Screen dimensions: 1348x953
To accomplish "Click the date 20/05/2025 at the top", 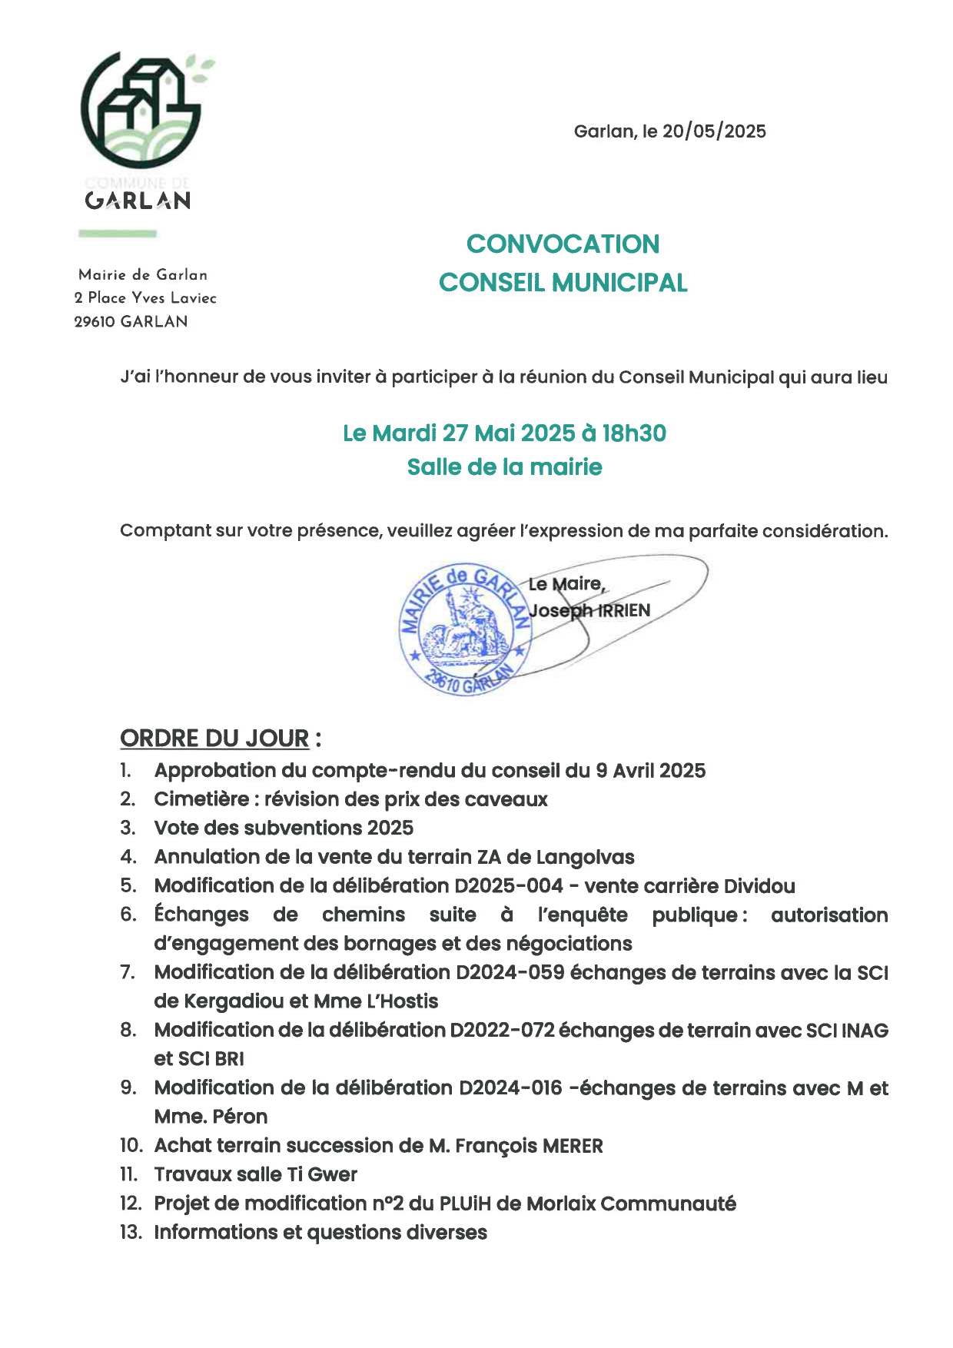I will point(714,131).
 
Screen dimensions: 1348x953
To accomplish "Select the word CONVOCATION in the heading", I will point(563,244).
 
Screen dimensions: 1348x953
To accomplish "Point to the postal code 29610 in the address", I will point(95,322).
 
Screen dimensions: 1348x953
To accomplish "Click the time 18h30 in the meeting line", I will point(634,433).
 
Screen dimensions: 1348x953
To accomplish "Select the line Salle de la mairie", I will point(504,467).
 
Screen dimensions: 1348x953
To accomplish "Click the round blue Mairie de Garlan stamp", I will point(465,629).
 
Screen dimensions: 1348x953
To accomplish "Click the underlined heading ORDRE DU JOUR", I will point(214,739).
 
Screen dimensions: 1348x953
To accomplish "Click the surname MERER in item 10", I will point(573,1146).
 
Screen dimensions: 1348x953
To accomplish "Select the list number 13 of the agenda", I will point(131,1233).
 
